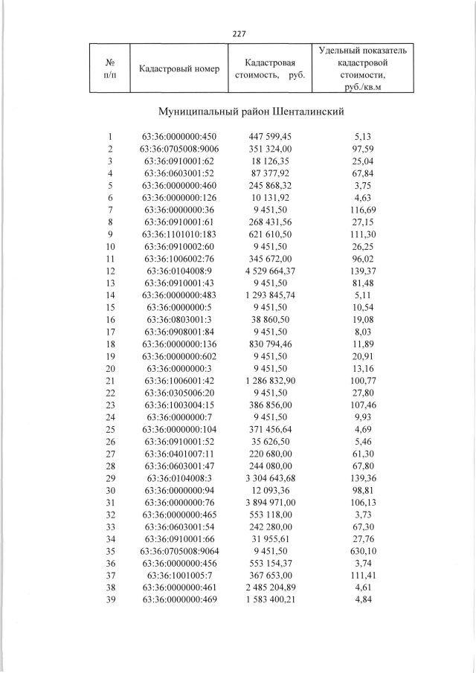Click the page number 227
(238, 33)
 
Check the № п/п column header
(109, 68)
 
